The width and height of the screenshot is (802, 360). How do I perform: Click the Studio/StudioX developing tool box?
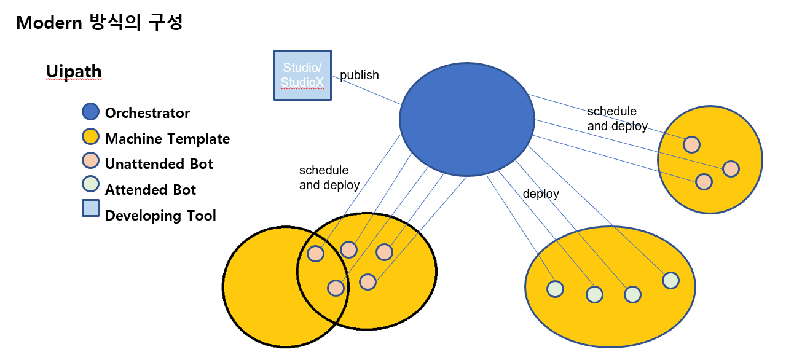302,75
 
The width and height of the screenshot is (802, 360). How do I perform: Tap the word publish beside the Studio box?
360,76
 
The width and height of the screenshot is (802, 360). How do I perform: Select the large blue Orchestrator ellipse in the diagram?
466,119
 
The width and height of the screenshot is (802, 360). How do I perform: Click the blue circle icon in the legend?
91,112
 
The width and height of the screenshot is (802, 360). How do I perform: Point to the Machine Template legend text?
167,139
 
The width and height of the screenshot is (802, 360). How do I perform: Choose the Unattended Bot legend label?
159,164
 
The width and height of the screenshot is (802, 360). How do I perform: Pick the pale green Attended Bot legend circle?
91,184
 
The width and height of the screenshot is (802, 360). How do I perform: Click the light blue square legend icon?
91,209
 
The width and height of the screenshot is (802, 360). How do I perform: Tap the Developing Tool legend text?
160,216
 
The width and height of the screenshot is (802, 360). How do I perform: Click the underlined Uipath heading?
74,72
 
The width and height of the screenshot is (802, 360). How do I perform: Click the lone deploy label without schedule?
541,194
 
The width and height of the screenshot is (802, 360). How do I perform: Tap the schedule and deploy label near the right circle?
617,119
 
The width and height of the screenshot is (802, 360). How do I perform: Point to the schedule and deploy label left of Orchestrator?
329,178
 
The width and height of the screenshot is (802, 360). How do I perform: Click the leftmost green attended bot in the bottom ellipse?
555,289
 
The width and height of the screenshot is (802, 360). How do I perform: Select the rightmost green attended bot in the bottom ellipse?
670,280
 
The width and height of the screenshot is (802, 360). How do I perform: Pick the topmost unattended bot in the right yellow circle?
691,144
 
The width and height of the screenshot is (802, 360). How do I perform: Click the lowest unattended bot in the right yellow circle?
704,182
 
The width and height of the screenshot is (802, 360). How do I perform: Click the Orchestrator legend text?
147,113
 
